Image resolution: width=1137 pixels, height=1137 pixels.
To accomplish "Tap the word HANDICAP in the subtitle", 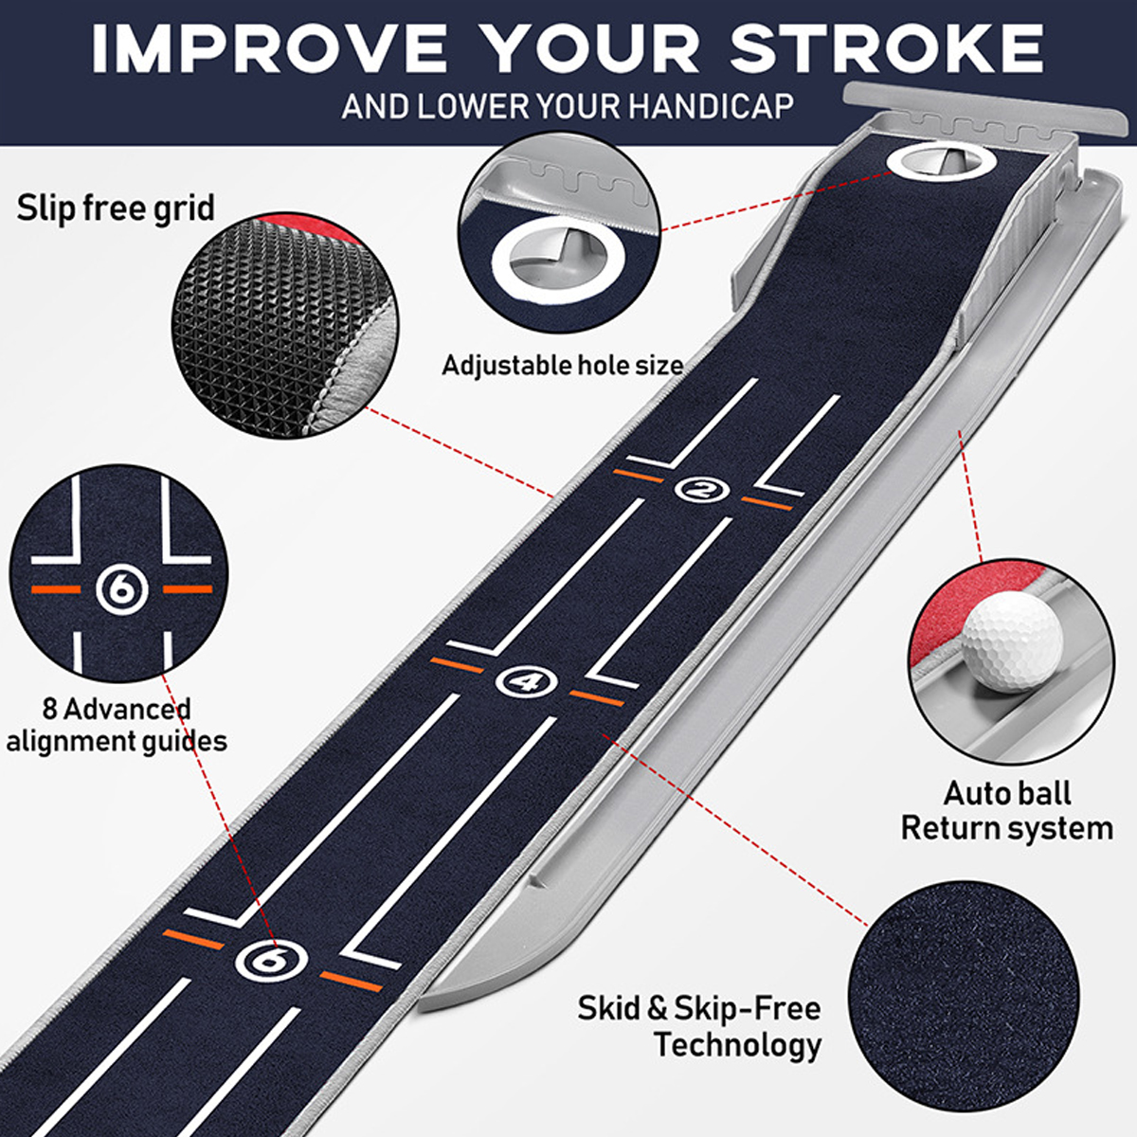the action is (x=711, y=106).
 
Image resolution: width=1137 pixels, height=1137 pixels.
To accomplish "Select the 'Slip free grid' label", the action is (x=116, y=208).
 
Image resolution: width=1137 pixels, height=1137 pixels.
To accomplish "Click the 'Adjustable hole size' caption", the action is (x=562, y=365).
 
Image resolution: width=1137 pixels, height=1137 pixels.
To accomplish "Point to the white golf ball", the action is (x=1012, y=641).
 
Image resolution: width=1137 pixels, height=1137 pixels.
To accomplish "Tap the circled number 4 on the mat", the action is (x=526, y=681).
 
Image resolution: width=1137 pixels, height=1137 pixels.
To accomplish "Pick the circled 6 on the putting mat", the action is (x=271, y=962).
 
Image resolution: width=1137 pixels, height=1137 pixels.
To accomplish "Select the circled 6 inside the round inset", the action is (x=121, y=588).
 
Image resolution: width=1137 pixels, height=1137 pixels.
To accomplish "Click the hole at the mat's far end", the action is (x=941, y=162).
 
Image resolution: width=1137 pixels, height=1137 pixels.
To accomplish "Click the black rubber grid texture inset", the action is (x=285, y=326).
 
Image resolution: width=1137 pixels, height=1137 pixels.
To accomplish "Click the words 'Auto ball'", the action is (x=1007, y=794).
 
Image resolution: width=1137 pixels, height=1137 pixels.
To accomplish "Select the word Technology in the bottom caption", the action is (x=737, y=1045).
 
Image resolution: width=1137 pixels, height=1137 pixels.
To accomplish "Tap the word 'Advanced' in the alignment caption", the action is (x=127, y=710).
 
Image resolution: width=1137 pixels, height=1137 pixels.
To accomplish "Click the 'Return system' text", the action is (x=1007, y=828).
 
